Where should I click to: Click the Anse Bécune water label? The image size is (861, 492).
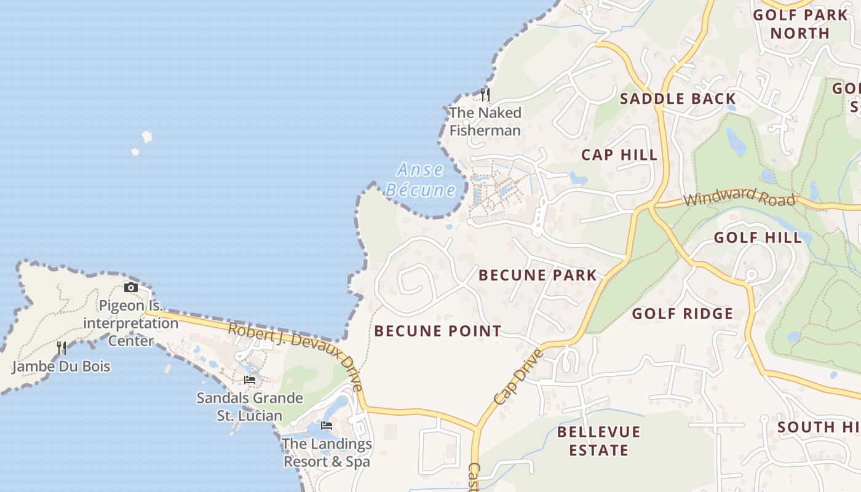421,180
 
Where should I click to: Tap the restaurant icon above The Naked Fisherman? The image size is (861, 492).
485,95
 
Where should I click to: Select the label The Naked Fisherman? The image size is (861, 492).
485,121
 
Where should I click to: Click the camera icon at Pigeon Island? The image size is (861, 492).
130,287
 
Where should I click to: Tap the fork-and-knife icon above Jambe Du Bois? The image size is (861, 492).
61,349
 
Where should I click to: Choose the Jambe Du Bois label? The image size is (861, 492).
61,367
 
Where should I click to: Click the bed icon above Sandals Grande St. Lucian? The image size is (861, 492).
250,380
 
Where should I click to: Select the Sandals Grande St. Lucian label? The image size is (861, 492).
250,407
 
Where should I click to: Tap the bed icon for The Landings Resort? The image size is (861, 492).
327,426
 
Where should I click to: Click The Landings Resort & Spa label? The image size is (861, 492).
327,452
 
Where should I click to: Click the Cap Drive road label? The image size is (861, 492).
518,377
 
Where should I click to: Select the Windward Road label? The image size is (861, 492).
739,199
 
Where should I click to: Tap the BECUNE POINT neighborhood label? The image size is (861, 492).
438,331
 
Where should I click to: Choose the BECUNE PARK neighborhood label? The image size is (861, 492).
538,275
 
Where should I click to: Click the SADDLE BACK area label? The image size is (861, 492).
677,99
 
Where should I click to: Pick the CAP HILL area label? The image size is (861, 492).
620,154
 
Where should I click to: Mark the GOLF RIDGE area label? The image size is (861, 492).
683,314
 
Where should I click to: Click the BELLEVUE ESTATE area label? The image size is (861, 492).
598,441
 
